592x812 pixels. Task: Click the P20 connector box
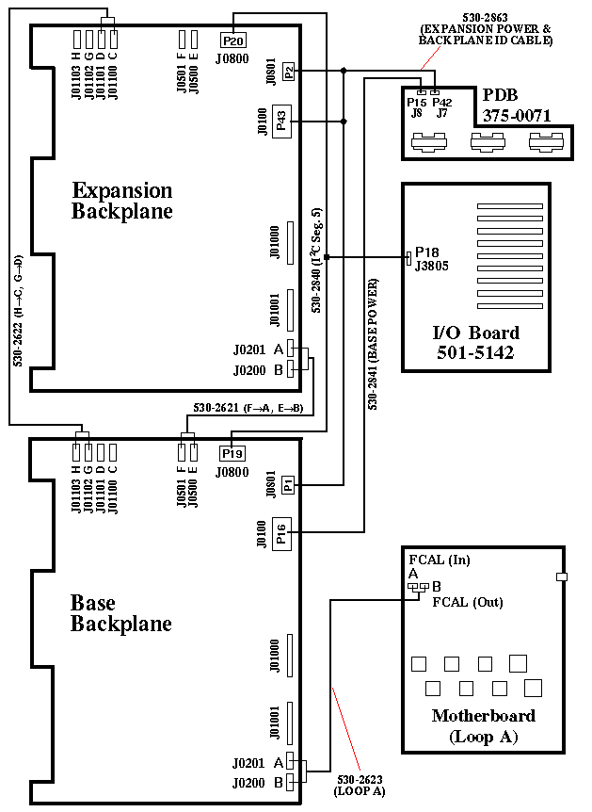232,41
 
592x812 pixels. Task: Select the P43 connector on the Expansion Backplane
280,121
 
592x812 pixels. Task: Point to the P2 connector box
288,71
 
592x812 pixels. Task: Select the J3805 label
431,267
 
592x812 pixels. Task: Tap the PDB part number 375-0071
517,116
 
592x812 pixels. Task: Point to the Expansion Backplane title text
122,201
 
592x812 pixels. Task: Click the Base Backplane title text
121,613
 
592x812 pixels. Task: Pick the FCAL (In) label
440,560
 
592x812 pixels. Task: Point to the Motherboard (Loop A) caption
483,725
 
